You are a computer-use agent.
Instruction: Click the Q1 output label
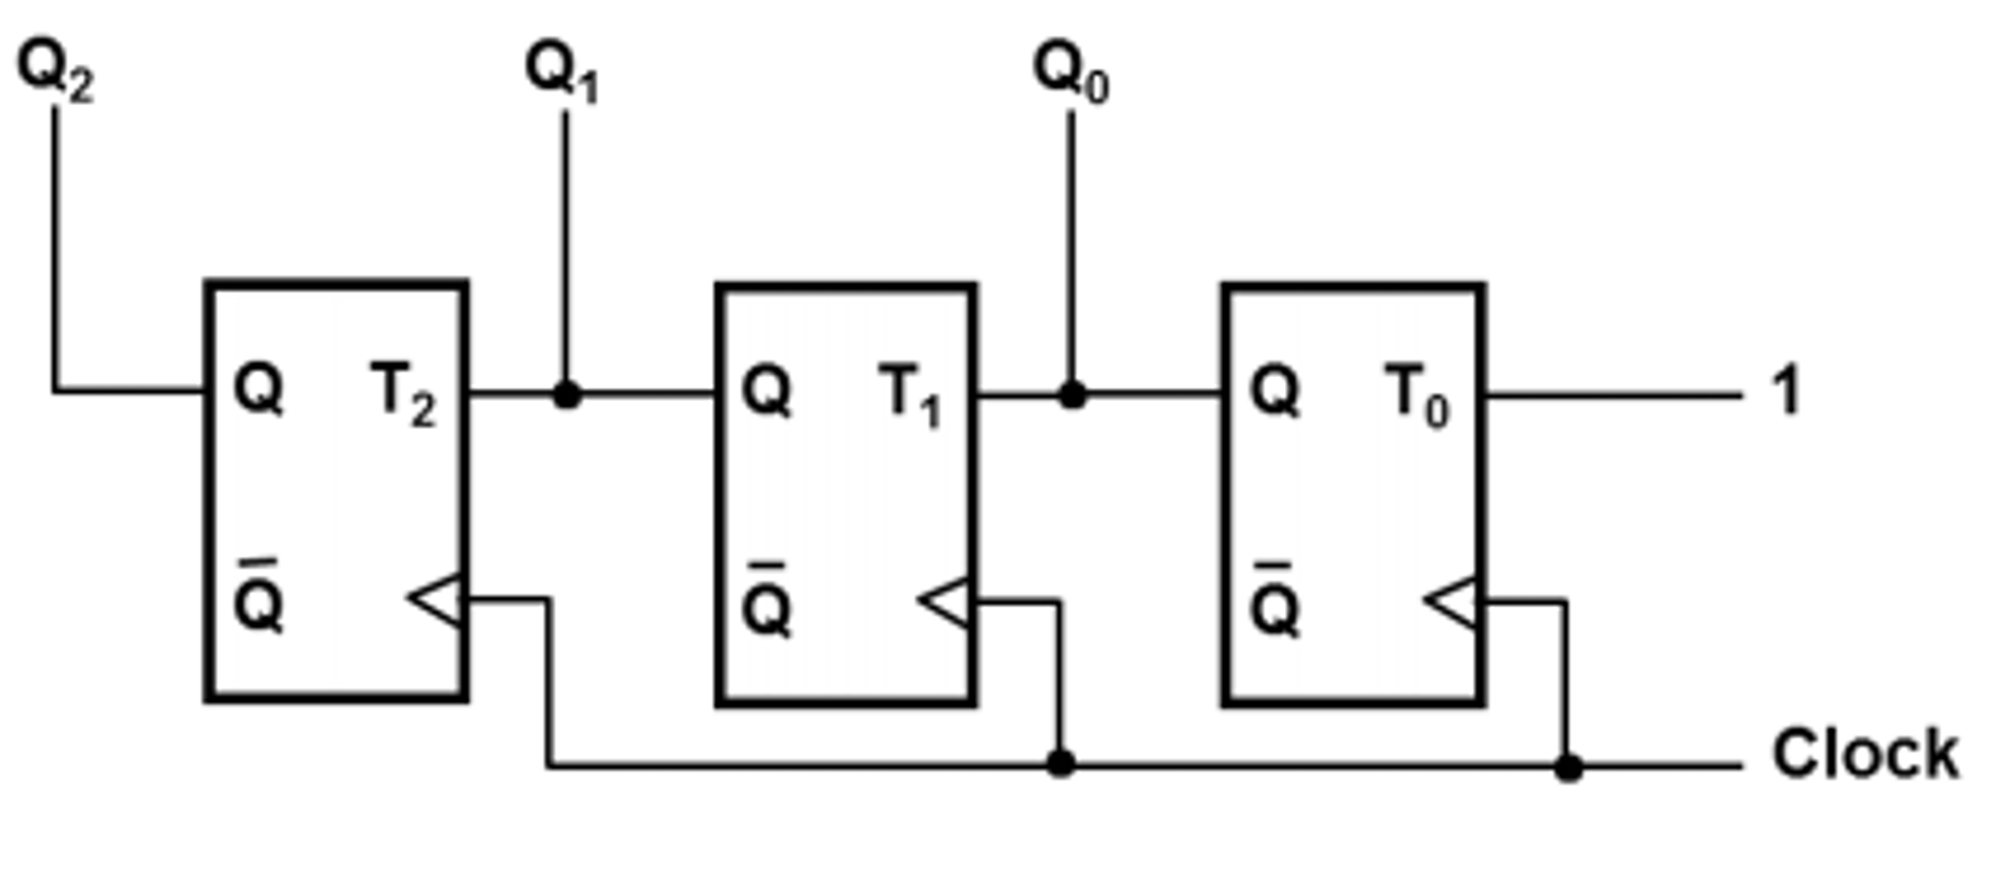[562, 73]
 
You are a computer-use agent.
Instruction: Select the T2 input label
[403, 393]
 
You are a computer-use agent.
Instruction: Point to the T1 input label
[911, 395]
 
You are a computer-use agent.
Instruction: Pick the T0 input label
[1418, 395]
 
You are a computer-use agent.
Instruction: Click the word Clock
[1865, 754]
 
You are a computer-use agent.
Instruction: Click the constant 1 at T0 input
[1786, 391]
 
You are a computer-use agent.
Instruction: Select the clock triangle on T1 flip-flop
[946, 602]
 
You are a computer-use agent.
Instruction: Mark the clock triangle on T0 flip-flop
[1452, 602]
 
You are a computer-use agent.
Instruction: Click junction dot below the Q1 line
[567, 395]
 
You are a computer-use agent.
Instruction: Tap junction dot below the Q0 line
[1072, 396]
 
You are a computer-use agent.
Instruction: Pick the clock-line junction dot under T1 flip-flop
[1060, 763]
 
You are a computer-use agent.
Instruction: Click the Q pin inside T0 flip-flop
[1274, 391]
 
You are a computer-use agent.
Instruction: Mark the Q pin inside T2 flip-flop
[259, 389]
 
